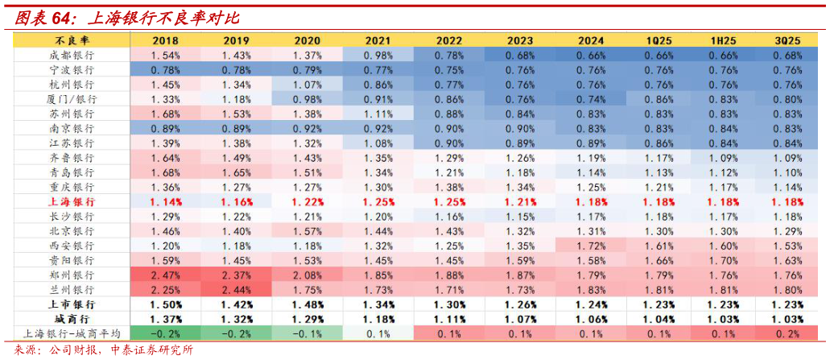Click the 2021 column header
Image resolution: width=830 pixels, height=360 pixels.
tap(378, 39)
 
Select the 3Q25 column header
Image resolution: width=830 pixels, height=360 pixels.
tap(787, 39)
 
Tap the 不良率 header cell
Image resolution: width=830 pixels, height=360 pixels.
tap(72, 39)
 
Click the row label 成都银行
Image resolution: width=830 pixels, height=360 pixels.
tap(72, 55)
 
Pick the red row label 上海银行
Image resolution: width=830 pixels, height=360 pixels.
tap(72, 202)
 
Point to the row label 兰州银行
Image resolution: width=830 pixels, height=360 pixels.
tap(72, 290)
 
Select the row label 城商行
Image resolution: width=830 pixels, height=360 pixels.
tap(72, 320)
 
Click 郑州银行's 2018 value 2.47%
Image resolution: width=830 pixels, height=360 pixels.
tap(164, 275)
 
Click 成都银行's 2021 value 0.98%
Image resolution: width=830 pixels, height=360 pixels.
tap(378, 55)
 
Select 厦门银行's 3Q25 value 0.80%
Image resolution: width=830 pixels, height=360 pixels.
tap(787, 99)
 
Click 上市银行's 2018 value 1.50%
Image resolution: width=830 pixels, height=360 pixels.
tap(164, 304)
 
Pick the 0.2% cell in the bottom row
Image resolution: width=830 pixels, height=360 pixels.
tap(787, 334)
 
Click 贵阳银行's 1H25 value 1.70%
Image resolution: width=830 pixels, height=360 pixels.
tap(721, 261)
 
